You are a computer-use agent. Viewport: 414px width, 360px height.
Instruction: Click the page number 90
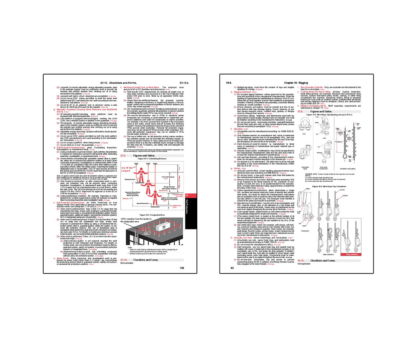[232, 268]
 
